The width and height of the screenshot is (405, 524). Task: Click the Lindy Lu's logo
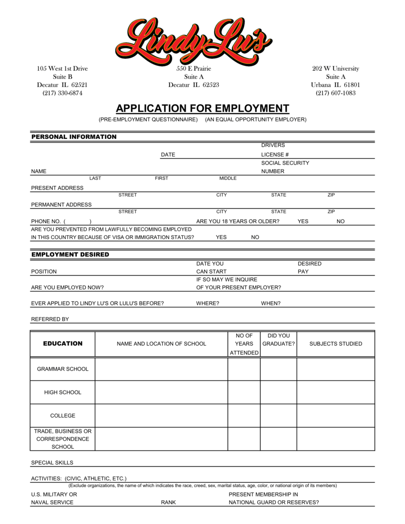click(x=194, y=40)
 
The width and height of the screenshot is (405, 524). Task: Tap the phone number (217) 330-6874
click(x=62, y=93)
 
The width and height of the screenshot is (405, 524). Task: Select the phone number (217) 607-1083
click(x=336, y=93)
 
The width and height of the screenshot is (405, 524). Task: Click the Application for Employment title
click(x=202, y=108)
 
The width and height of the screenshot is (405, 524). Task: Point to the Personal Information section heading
click(x=74, y=137)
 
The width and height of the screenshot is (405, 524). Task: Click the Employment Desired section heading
click(x=70, y=254)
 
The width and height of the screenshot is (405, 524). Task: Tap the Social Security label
click(x=285, y=163)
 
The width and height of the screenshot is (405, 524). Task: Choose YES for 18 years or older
click(x=303, y=221)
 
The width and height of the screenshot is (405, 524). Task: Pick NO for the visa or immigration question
click(x=255, y=237)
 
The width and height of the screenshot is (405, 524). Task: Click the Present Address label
click(x=57, y=188)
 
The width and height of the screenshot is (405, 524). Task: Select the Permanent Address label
click(x=61, y=205)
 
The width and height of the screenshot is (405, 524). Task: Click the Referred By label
click(x=50, y=319)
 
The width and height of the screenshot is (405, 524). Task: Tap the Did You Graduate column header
click(x=278, y=340)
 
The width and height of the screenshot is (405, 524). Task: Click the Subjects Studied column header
click(x=336, y=344)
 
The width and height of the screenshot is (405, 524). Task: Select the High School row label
click(x=63, y=393)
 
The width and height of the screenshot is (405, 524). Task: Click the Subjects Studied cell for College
click(x=336, y=416)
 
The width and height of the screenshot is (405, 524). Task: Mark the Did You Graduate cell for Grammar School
click(x=278, y=369)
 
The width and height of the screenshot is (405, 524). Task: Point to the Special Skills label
click(x=52, y=463)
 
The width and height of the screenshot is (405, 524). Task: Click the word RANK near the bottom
click(x=168, y=503)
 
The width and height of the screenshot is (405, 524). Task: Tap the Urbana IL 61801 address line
click(x=336, y=85)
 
